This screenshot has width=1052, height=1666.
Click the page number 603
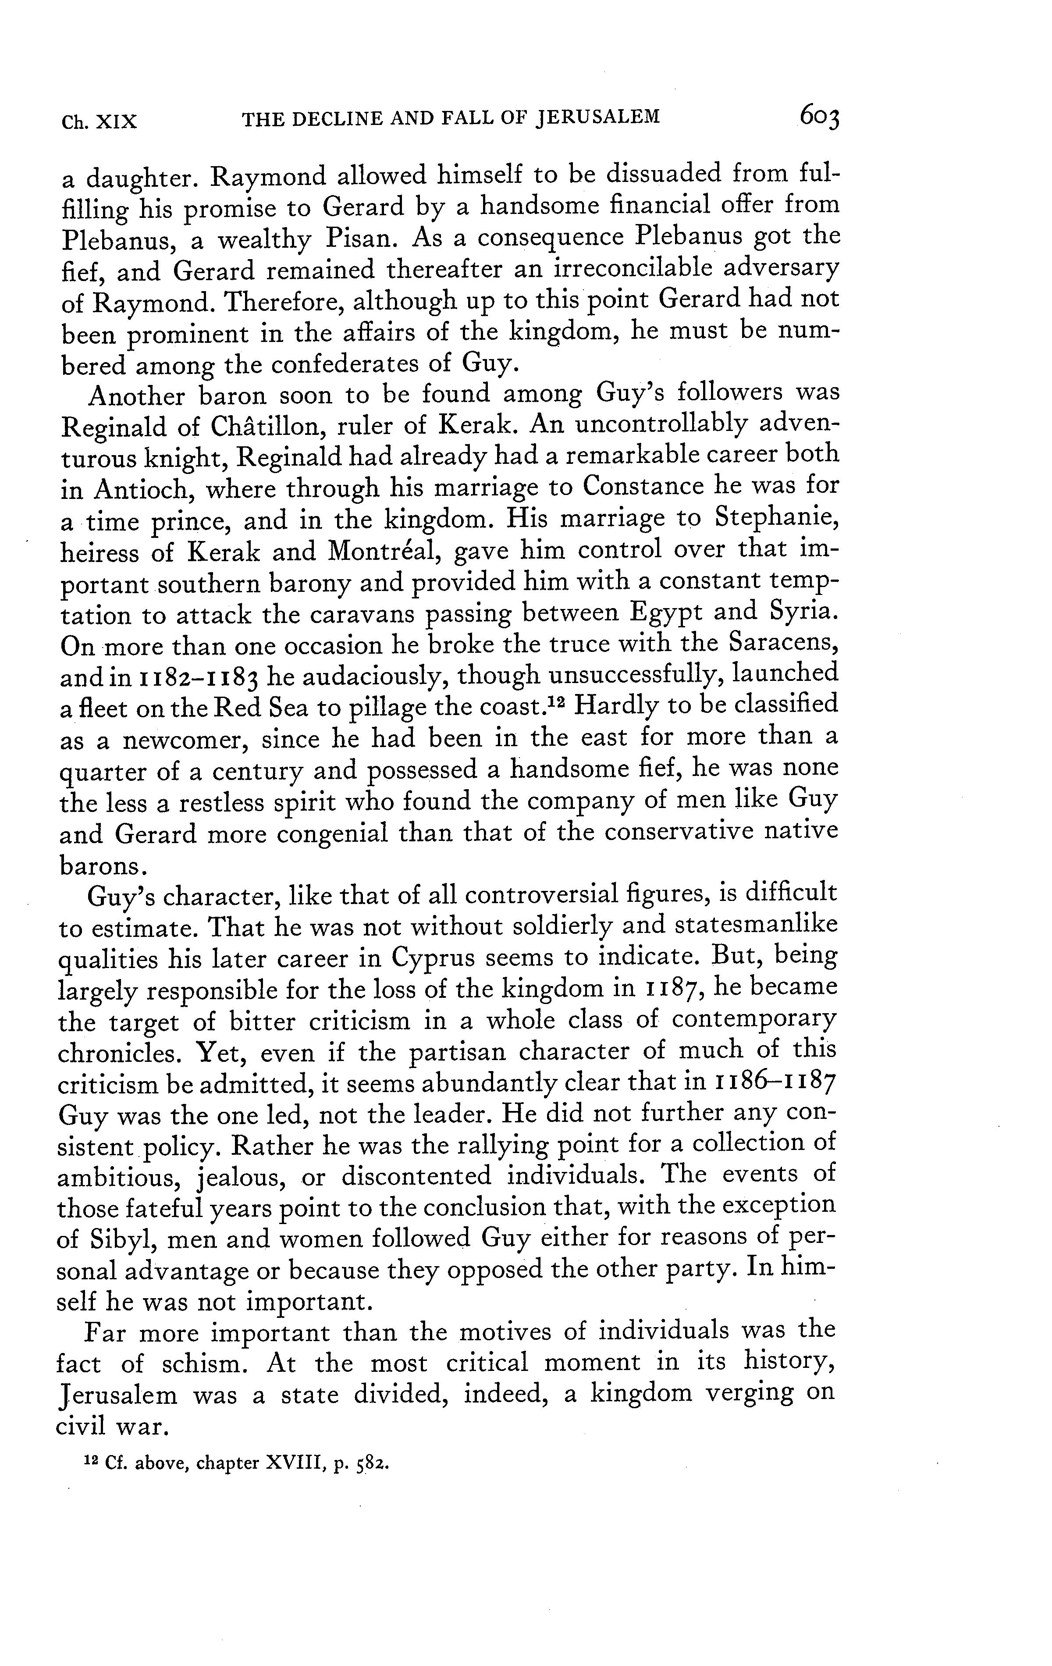[x=820, y=116]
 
